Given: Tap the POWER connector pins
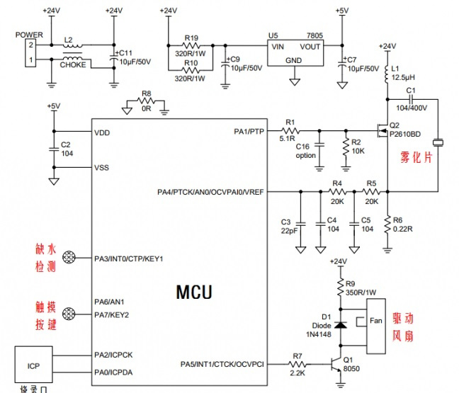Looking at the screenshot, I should (30, 53).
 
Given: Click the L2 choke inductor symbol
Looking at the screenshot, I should (72, 53).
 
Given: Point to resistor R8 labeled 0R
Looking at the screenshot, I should (146, 103).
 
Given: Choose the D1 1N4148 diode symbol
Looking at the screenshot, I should (340, 325).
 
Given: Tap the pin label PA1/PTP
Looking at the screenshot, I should (248, 132).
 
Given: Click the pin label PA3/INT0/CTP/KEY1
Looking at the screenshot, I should (128, 258).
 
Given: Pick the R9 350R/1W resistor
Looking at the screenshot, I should (341, 287).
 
